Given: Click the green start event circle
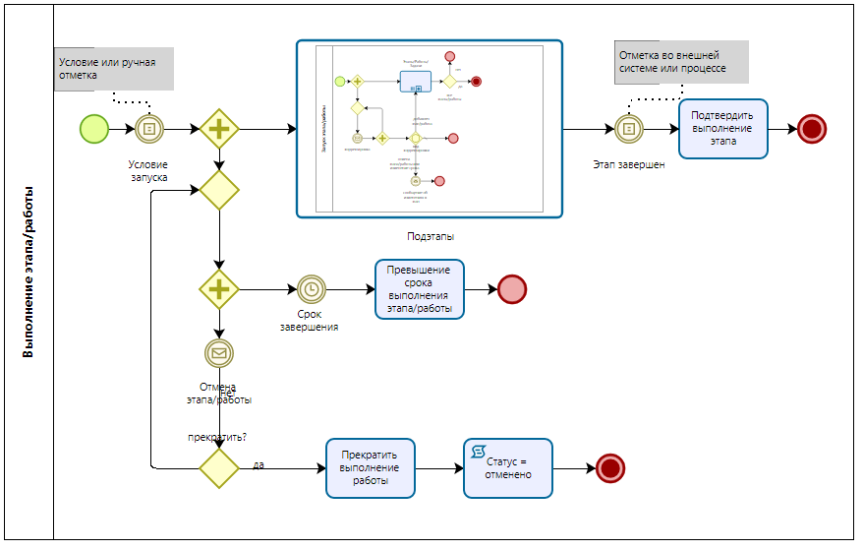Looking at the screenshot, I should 94,128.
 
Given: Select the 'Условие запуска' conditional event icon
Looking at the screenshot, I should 149,128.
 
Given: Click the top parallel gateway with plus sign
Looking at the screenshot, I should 219,128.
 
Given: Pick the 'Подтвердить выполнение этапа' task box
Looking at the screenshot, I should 722,128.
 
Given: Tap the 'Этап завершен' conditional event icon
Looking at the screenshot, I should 629,128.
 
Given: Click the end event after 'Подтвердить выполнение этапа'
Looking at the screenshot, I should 812,128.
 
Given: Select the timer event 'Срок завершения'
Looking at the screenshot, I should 311,289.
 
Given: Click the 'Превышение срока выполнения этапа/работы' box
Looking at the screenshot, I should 420,289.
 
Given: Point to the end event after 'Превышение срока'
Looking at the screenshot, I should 512,289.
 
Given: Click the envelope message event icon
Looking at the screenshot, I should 218,352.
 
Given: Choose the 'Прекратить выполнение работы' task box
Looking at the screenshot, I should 370,468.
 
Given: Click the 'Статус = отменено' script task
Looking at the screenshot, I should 507,468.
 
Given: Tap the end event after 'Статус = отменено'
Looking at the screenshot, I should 610,468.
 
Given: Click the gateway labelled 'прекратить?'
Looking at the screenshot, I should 219,468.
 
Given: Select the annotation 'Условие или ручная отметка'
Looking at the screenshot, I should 113,69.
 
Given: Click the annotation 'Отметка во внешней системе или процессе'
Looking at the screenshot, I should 680,62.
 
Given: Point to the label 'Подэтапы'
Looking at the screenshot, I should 431,236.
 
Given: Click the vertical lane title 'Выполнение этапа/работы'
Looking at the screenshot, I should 29,272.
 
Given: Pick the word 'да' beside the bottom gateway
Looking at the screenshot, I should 259,463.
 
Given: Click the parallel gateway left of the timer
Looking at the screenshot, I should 219,289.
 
